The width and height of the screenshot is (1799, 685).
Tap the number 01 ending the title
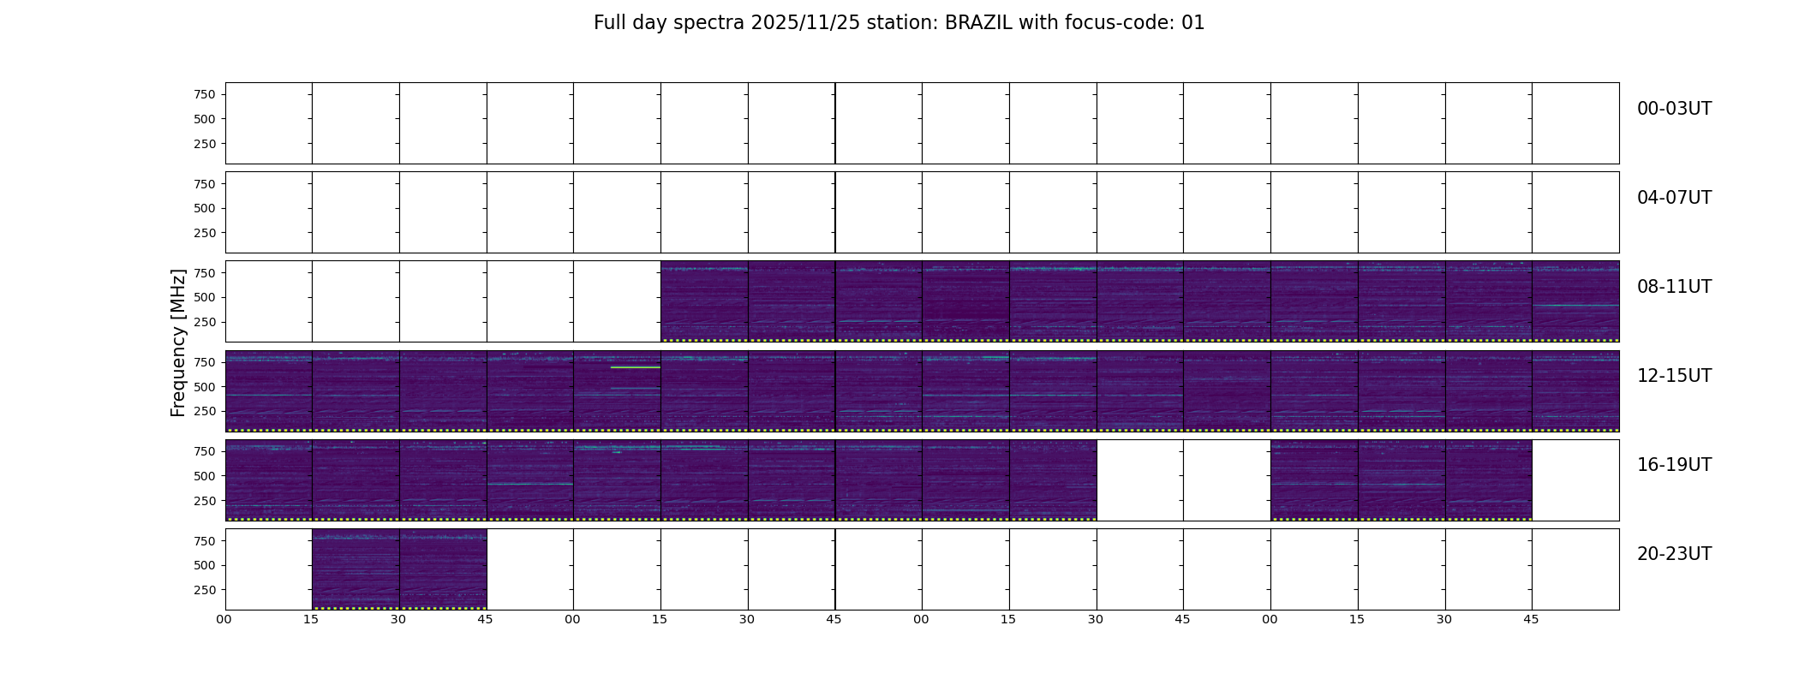pos(1193,23)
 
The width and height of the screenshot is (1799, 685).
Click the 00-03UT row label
pos(1674,109)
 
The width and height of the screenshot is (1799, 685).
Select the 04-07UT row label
pos(1674,198)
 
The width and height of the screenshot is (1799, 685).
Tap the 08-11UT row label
pos(1674,287)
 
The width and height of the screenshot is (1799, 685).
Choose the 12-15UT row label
pos(1674,376)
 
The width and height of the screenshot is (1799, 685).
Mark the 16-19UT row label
pos(1674,465)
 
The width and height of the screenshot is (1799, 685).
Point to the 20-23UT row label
pos(1674,554)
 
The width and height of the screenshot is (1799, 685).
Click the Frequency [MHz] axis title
pos(178,343)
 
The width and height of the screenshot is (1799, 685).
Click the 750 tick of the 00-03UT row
pos(205,95)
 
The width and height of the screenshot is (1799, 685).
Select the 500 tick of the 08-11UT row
pos(205,298)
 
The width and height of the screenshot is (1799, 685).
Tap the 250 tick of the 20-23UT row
pos(205,591)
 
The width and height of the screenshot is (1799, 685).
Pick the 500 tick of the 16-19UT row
pos(205,476)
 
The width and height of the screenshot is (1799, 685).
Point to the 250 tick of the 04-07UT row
pos(205,233)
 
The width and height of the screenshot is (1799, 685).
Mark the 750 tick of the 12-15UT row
pos(205,362)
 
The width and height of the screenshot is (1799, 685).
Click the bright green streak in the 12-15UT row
pos(635,367)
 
